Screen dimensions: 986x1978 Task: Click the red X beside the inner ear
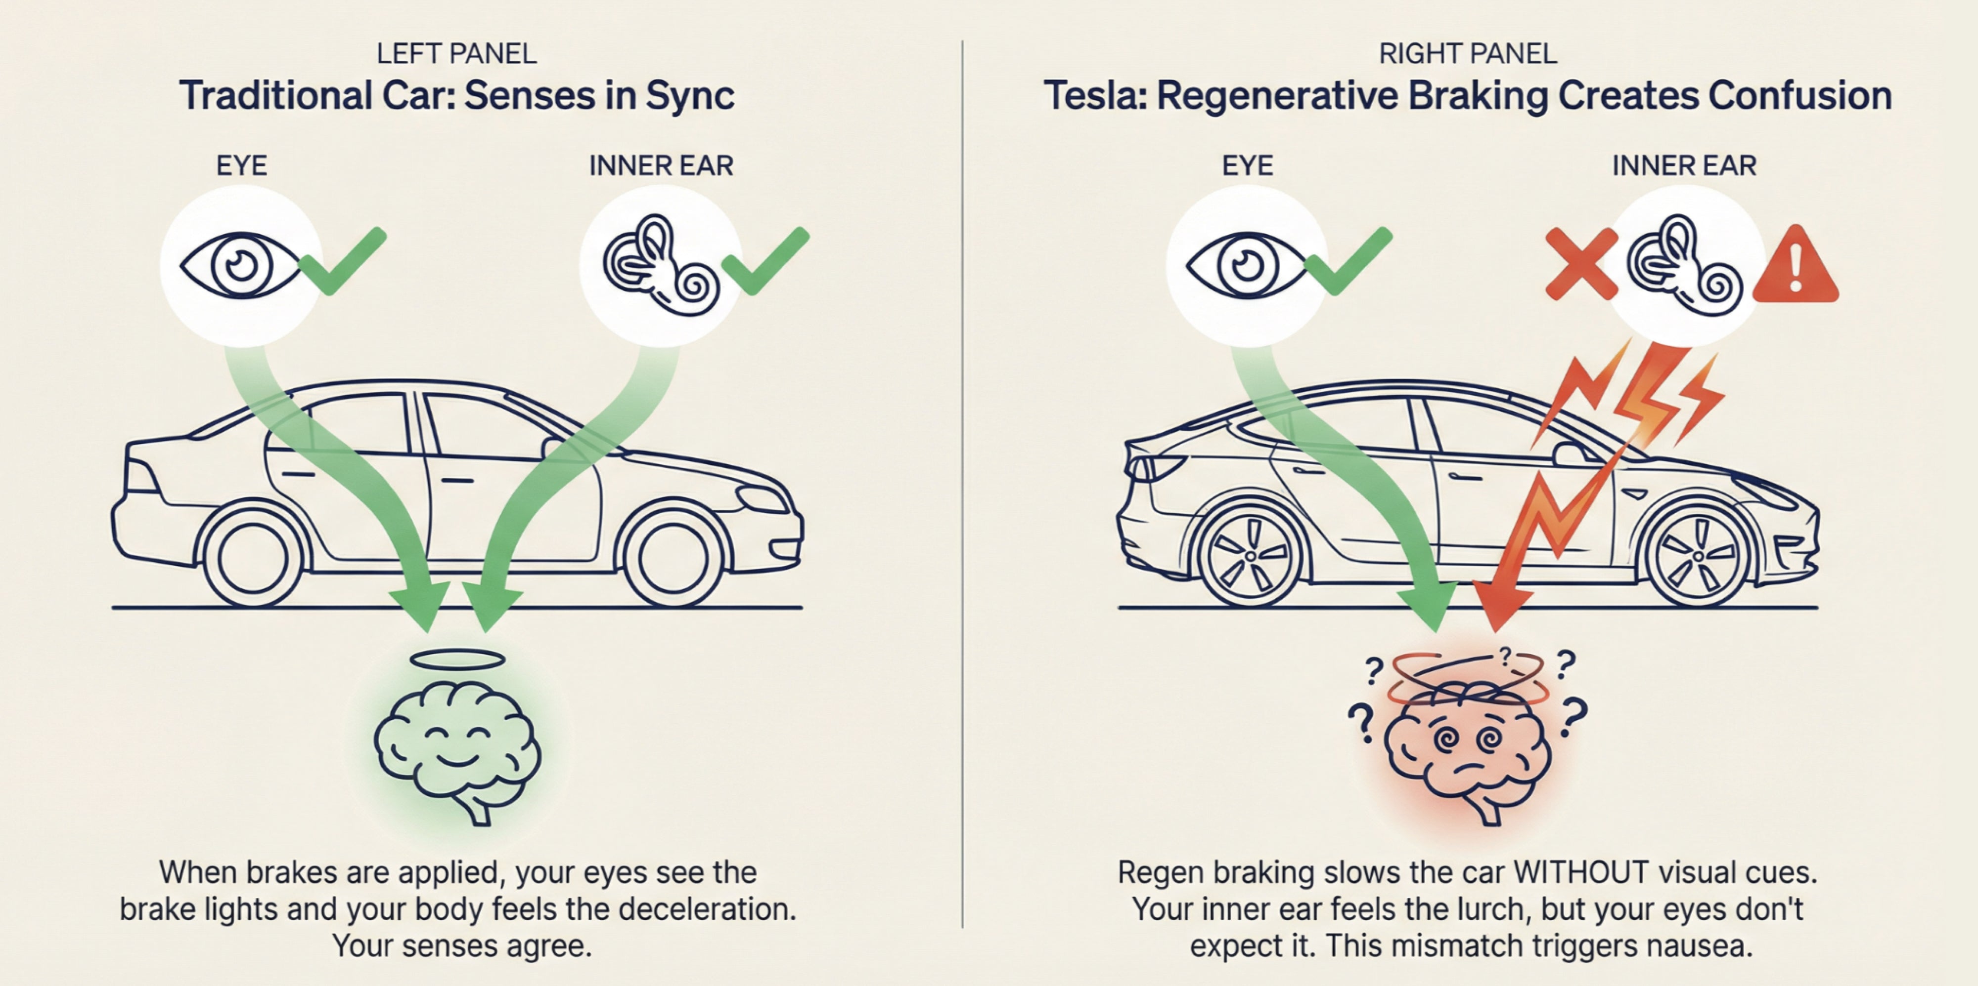tap(1580, 263)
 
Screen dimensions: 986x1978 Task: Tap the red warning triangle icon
tap(1795, 267)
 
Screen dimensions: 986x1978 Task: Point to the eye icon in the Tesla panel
tap(1246, 265)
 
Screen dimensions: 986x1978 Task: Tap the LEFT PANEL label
tap(456, 54)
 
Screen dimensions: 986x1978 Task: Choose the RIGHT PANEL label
tap(1467, 54)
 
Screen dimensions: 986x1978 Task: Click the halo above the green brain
tap(457, 659)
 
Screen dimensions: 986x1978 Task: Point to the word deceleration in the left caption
tap(707, 909)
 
